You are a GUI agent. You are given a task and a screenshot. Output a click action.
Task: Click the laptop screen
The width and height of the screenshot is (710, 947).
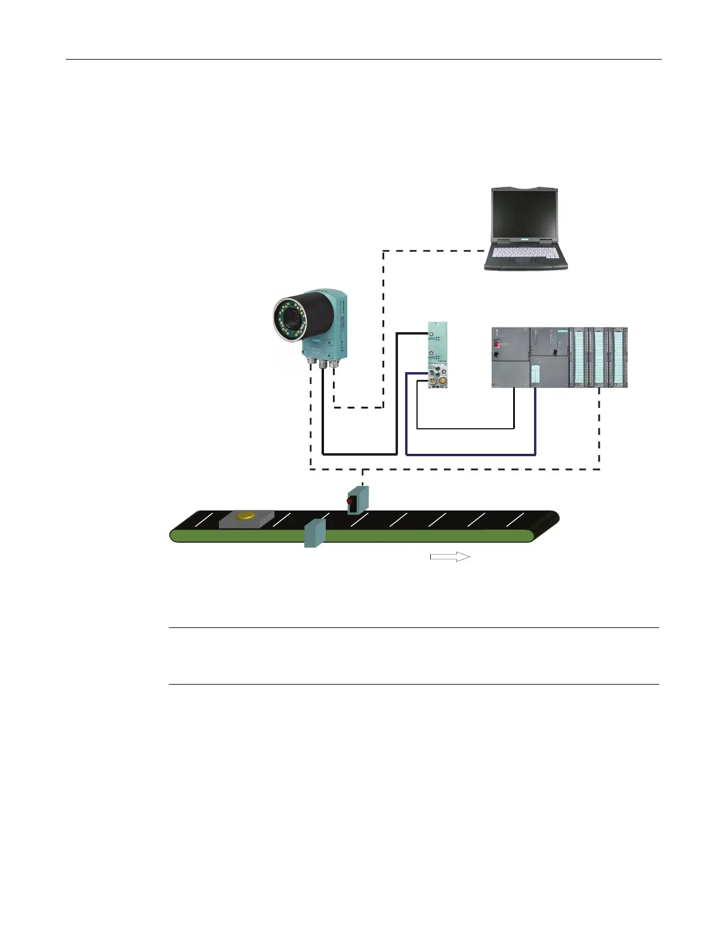524,215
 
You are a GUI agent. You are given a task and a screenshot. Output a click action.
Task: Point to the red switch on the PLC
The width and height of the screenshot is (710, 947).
496,344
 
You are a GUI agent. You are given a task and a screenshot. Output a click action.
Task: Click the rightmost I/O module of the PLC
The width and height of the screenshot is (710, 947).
620,358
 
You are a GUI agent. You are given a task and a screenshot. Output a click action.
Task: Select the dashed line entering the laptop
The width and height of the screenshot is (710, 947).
436,251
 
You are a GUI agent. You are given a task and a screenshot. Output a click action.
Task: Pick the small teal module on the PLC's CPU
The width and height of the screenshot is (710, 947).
536,374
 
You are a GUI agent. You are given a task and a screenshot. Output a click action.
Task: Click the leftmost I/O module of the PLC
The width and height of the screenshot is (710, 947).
578,358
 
